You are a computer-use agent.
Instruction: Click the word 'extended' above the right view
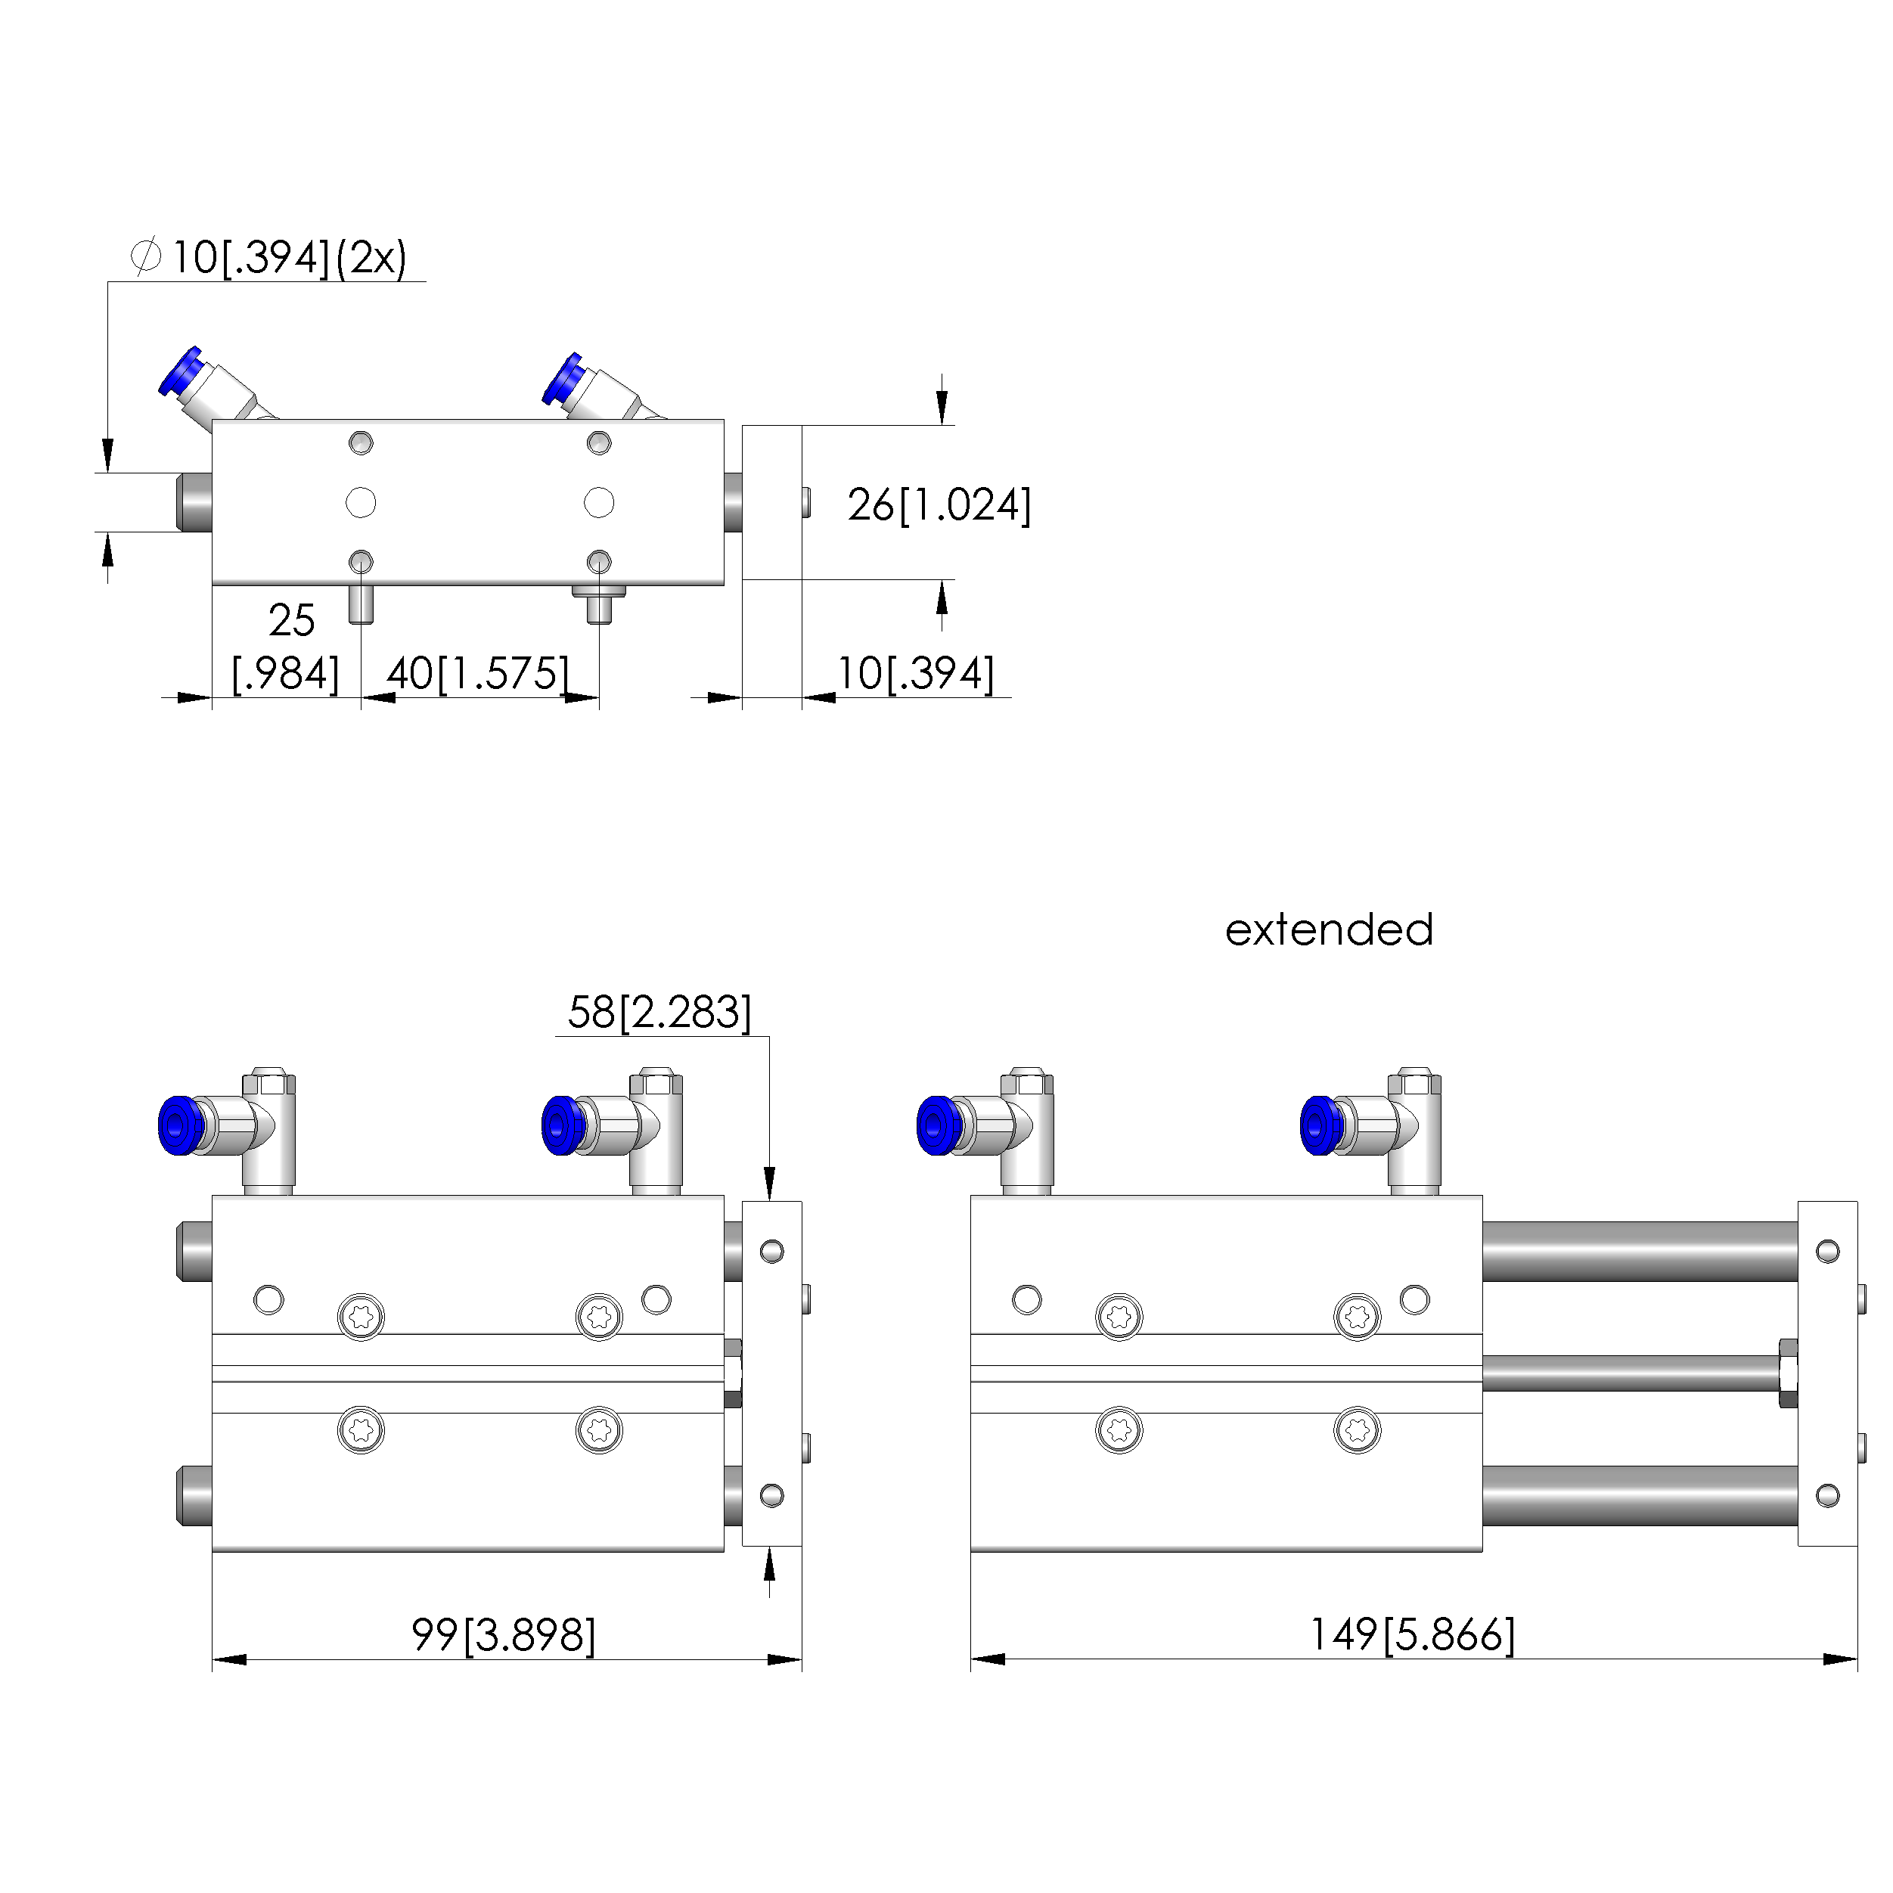pos(1329,929)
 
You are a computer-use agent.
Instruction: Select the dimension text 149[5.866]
pos(1412,1634)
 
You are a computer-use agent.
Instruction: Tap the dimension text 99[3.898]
pos(503,1634)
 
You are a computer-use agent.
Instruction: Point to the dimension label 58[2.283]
pos(659,1012)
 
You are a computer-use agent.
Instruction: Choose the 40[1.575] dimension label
pos(477,673)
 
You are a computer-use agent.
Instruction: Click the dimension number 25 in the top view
pos(291,620)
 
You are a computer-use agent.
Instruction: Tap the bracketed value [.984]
pos(285,673)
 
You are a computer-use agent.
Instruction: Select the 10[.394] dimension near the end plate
pos(915,673)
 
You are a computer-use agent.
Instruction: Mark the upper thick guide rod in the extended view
pos(1638,1251)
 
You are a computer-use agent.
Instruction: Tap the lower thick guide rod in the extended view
pos(1638,1495)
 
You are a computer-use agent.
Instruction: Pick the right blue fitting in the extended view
pos(1322,1126)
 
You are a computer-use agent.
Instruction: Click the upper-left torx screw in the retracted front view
pos(361,1316)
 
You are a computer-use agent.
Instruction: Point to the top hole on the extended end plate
pos(1826,1251)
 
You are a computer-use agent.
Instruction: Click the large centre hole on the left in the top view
pos(361,503)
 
